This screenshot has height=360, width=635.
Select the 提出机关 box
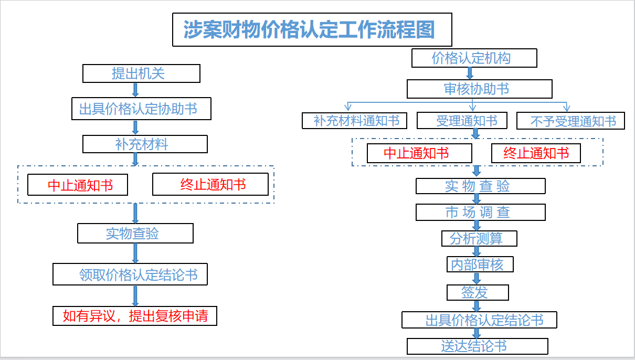(141, 73)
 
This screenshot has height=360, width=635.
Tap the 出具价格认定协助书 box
(141, 109)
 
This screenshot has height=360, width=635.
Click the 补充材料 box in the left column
(145, 144)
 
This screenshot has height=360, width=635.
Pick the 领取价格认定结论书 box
(130, 274)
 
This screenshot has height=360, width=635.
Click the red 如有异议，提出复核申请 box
(135, 316)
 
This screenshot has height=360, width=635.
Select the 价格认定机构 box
(474, 58)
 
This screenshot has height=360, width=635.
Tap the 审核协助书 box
(479, 89)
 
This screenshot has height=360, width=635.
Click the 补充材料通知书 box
(354, 121)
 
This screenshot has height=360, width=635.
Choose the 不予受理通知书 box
(570, 121)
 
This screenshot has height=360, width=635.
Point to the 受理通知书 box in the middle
(462, 121)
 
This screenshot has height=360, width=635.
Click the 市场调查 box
(481, 212)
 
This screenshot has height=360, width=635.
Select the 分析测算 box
(479, 238)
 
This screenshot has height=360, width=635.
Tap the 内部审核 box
(480, 264)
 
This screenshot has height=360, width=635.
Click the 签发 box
(478, 292)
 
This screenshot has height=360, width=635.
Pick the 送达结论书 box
(478, 346)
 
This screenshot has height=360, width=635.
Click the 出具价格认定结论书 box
(479, 320)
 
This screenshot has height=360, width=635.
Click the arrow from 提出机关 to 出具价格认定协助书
(135, 90)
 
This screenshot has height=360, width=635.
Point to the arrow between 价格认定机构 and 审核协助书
(470, 73)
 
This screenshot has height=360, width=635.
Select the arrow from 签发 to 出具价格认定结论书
(477, 306)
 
